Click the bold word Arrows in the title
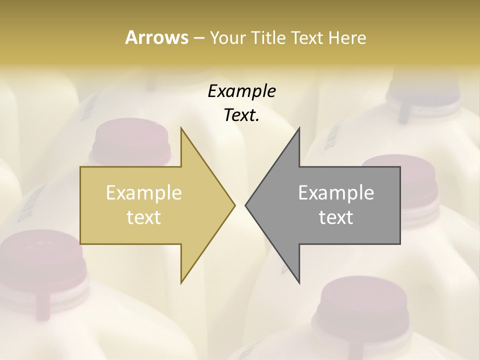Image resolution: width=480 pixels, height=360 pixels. (156, 37)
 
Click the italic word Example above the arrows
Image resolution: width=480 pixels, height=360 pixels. (241, 91)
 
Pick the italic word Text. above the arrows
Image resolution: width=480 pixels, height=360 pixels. (241, 115)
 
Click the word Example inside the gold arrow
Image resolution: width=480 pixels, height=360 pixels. (144, 192)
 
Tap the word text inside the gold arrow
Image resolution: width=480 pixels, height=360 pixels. (144, 217)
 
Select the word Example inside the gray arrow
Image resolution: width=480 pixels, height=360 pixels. (336, 192)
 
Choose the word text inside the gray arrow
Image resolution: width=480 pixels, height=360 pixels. (336, 217)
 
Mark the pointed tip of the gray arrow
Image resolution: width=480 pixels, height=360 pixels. (246, 205)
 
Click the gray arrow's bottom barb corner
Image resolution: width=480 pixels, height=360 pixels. (299, 281)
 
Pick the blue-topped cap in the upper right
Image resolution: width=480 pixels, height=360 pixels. (425, 90)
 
